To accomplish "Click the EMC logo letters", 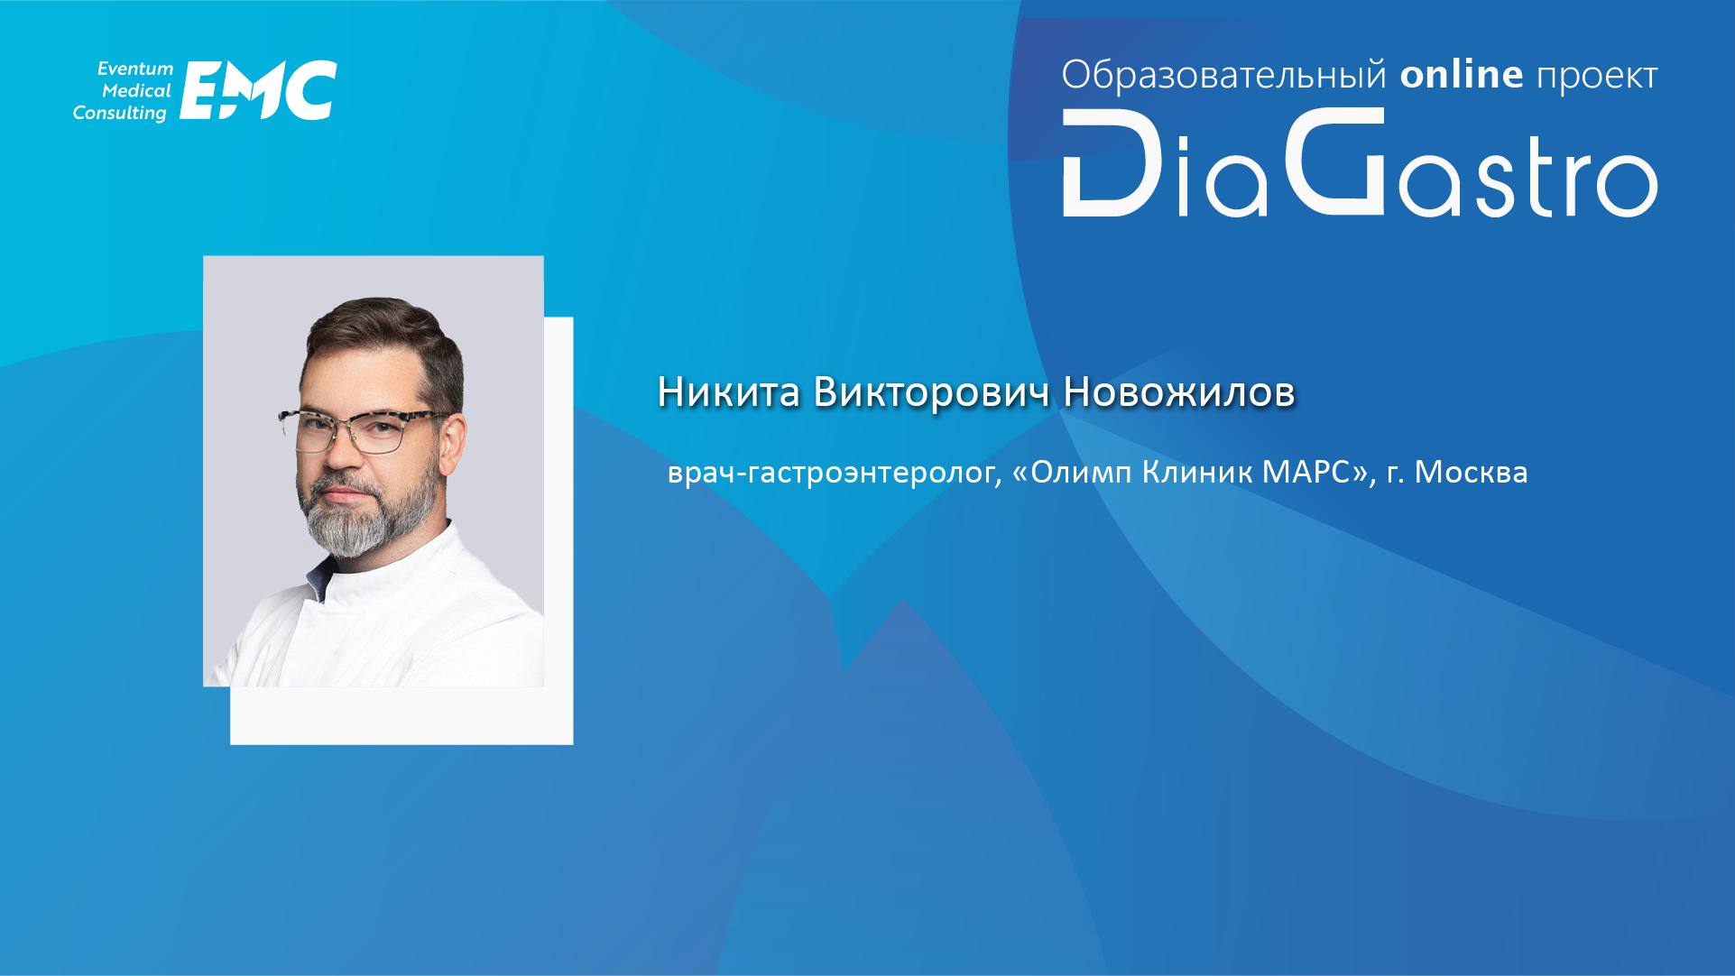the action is pyautogui.click(x=259, y=90).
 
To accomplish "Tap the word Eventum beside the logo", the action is pyautogui.click(x=135, y=69).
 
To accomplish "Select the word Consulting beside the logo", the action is pyautogui.click(x=120, y=114).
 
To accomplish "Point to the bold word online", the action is pyautogui.click(x=1462, y=74).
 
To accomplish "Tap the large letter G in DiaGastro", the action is pyautogui.click(x=1335, y=161).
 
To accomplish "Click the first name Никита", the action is pyautogui.click(x=729, y=392).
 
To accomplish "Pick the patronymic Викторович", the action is pyautogui.click(x=932, y=392).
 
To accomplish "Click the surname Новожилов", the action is pyautogui.click(x=1179, y=392).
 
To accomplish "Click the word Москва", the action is pyautogui.click(x=1471, y=472).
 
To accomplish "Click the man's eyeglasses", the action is pyautogui.click(x=365, y=430).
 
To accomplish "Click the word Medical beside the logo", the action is pyautogui.click(x=136, y=91).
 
